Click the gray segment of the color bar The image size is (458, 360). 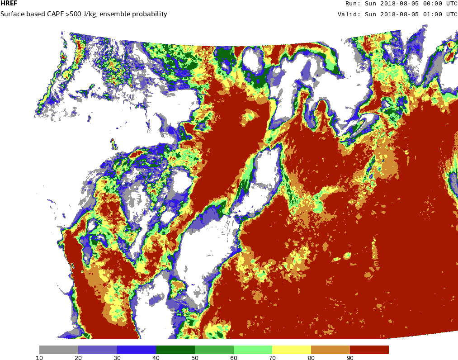click(x=58, y=350)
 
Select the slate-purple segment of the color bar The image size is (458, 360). click(x=97, y=350)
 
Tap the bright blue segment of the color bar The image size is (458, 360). click(x=136, y=350)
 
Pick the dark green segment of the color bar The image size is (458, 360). click(x=175, y=350)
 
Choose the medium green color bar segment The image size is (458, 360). click(x=214, y=350)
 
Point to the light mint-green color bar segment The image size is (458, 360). click(x=253, y=350)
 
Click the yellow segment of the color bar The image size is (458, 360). click(x=292, y=350)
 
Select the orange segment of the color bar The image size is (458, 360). click(x=331, y=350)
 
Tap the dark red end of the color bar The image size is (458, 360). click(x=369, y=350)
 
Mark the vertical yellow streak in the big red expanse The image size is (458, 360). click(x=374, y=246)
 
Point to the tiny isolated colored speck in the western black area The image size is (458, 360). click(x=113, y=144)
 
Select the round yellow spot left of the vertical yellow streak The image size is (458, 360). click(x=347, y=256)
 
